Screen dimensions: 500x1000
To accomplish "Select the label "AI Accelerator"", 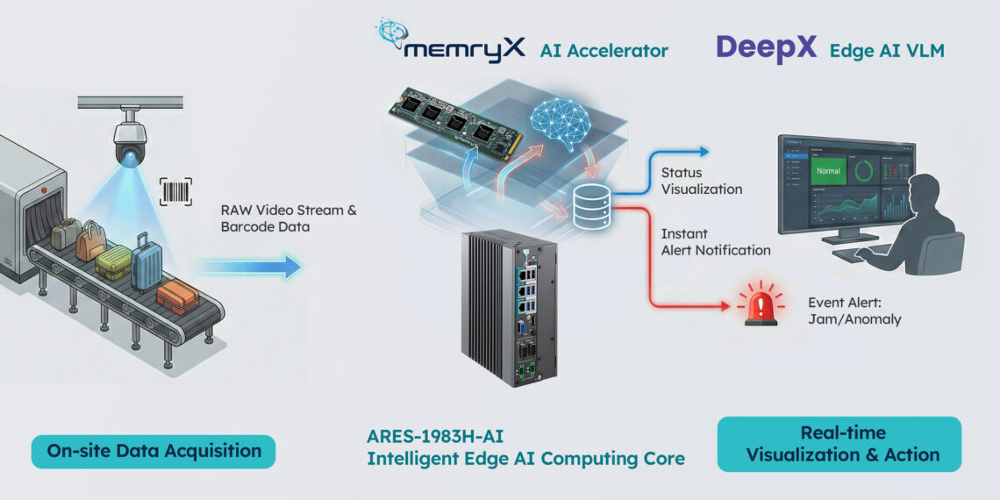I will click(x=604, y=50).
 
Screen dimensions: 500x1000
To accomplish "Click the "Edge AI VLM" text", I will click(x=887, y=51).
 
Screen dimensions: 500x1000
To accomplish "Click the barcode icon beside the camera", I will click(x=175, y=191).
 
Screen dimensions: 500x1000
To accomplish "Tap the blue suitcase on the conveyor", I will click(x=146, y=261).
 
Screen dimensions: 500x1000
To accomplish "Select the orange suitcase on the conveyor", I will click(x=177, y=296).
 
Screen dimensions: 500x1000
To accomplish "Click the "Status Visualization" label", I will click(x=701, y=181).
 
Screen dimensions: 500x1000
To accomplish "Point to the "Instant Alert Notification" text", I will click(x=716, y=242).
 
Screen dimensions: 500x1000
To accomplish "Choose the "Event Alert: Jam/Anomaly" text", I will click(x=854, y=311).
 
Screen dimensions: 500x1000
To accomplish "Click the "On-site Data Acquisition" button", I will click(x=154, y=451).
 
